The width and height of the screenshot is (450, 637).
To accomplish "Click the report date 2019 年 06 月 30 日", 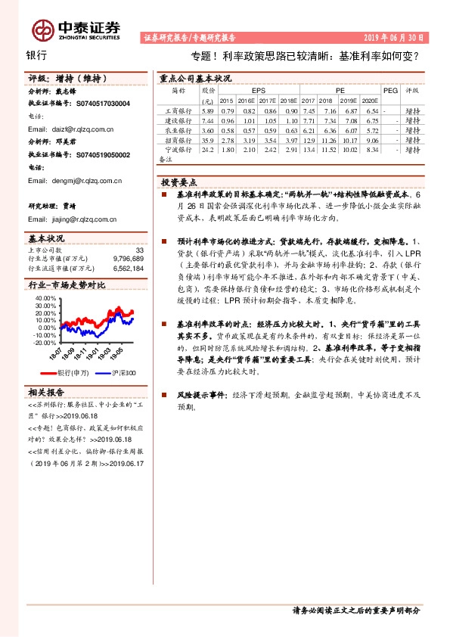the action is (x=396, y=37).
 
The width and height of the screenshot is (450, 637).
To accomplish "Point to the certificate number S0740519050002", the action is (x=93, y=155).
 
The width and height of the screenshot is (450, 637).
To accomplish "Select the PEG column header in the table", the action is (x=389, y=89).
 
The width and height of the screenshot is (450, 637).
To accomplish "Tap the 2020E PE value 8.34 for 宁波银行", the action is (x=371, y=150).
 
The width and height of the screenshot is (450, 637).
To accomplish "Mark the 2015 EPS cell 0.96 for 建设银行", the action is (x=227, y=120).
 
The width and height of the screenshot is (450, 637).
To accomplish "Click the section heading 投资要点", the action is (x=181, y=182).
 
